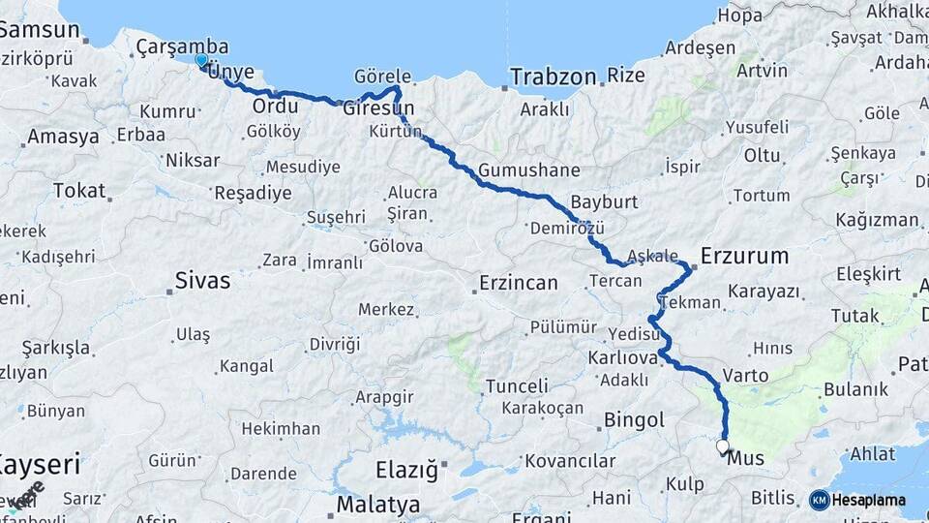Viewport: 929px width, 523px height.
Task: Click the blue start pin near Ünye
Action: coord(201,61)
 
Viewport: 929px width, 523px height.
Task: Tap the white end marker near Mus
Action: coord(722,446)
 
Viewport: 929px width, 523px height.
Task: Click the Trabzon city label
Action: coord(554,77)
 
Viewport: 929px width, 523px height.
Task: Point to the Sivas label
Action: coord(202,281)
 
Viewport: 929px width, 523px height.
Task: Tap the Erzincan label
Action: coord(519,283)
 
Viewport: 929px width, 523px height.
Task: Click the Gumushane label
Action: coord(528,169)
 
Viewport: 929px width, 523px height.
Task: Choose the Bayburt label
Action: coord(604,202)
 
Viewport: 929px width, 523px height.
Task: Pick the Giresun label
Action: coord(378,108)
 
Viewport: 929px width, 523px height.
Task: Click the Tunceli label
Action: coord(517,386)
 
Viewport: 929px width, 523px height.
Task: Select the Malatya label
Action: coord(378,505)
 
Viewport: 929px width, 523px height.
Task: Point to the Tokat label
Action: coord(79,190)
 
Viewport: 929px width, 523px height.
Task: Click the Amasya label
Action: coord(63,137)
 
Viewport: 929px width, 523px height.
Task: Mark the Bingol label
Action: coord(634,420)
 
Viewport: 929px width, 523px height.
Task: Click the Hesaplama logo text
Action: coord(869,501)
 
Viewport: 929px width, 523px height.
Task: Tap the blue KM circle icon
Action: coord(819,501)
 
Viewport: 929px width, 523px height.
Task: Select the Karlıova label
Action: coord(622,358)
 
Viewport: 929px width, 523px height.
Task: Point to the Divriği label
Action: coord(334,344)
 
